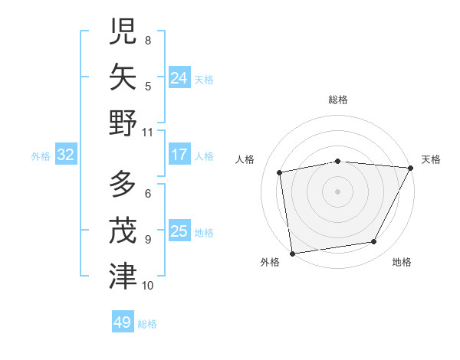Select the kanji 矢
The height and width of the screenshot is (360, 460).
click(123, 77)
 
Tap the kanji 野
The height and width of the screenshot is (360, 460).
click(123, 123)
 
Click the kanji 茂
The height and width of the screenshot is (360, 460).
click(123, 231)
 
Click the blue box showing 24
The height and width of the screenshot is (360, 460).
click(179, 77)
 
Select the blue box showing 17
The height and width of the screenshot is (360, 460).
click(179, 155)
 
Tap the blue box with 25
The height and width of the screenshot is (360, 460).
click(179, 231)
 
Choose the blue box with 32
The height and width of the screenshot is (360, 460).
click(66, 155)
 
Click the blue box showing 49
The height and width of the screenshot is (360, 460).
click(123, 322)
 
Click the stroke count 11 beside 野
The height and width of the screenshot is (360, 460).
click(148, 132)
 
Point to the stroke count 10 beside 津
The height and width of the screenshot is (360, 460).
click(148, 286)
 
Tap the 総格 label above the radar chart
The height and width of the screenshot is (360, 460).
click(337, 100)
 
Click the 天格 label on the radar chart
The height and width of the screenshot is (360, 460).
click(432, 159)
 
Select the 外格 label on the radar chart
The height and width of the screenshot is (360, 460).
click(270, 262)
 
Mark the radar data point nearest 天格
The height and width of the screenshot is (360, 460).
click(411, 168)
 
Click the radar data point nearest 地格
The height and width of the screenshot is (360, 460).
click(374, 242)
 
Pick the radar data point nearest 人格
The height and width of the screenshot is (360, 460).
click(280, 172)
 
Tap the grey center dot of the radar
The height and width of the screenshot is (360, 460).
click(337, 191)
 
